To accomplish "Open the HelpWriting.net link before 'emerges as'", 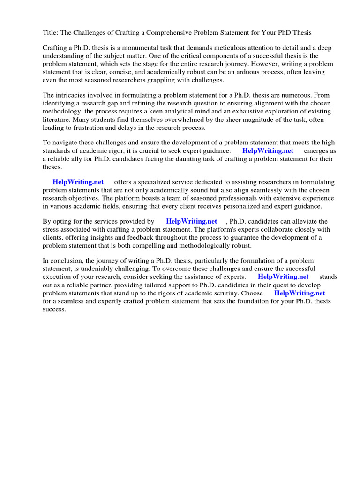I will point(268,151).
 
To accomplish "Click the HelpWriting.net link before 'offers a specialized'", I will point(78,182).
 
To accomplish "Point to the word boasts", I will point(132,198).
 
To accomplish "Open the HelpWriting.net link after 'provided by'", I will point(191,221).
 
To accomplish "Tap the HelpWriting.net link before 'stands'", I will point(283,277).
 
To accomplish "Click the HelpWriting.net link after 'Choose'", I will point(299,293).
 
